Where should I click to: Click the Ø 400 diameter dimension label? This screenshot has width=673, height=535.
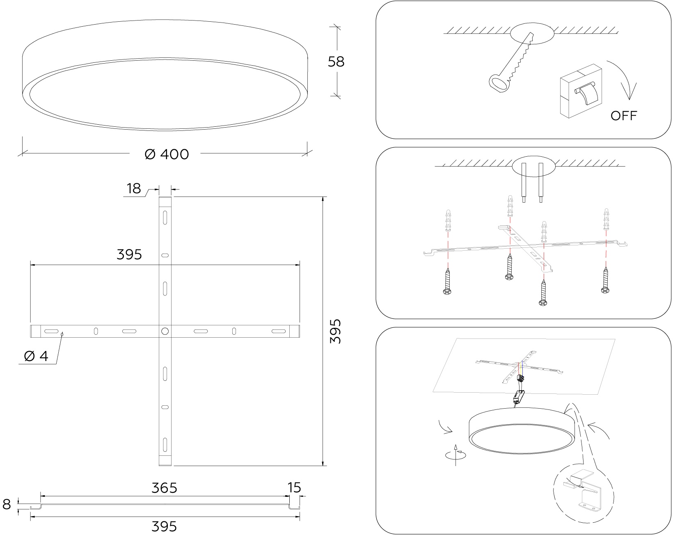[x=167, y=154]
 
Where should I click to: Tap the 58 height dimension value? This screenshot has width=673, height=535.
[x=336, y=62]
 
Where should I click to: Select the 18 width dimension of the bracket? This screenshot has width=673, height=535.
[x=133, y=189]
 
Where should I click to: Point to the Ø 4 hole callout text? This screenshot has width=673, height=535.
[x=36, y=356]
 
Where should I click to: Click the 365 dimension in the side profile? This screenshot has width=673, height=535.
[x=164, y=488]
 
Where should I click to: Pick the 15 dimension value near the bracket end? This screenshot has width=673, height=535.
[x=294, y=487]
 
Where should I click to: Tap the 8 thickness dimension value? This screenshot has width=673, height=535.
[x=7, y=504]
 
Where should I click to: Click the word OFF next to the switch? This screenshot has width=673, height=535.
[x=624, y=116]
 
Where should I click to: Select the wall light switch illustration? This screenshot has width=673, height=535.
[x=581, y=91]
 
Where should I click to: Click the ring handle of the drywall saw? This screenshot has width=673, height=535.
[x=497, y=83]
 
